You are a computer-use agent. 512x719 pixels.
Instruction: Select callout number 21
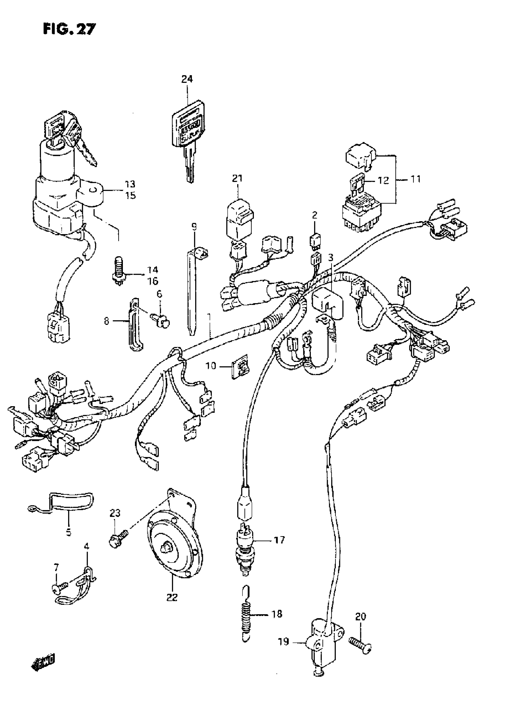(x=237, y=178)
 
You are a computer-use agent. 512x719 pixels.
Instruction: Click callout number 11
(x=416, y=179)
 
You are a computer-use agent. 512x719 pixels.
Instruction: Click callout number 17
(x=279, y=540)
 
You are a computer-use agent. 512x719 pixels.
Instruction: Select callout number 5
(x=68, y=532)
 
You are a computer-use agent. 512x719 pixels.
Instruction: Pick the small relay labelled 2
(x=315, y=239)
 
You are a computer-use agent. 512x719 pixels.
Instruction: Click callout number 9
(x=194, y=226)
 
